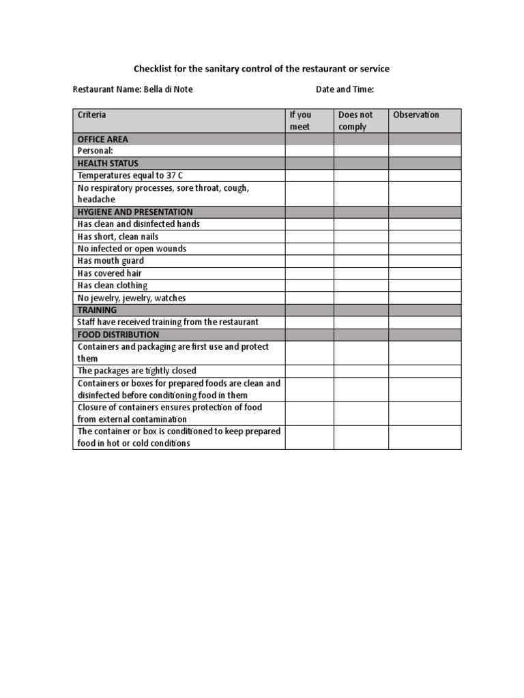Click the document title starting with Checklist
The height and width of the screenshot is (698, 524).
(261, 69)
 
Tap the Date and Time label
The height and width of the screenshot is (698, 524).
(345, 89)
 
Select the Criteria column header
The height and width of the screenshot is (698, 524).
(92, 115)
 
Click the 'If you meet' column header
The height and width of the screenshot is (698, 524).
(300, 121)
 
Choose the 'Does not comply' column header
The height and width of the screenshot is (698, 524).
(355, 121)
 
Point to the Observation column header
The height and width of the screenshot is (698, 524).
(416, 115)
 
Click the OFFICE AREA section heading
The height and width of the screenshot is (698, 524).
(103, 139)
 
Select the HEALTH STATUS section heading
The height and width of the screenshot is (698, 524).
(108, 164)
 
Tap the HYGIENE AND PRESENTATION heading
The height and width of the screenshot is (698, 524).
(135, 212)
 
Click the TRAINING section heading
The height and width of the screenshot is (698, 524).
(98, 309)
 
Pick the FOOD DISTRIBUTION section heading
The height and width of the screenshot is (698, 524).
(118, 335)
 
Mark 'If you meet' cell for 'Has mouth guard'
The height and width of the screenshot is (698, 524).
(309, 261)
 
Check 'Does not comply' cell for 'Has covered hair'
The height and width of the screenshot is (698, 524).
(361, 273)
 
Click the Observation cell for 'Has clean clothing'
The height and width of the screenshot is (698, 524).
(425, 286)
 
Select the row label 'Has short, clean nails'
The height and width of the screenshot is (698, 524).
(118, 237)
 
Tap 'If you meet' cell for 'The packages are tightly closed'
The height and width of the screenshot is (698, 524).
(309, 371)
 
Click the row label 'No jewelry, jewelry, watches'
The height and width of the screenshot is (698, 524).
(132, 298)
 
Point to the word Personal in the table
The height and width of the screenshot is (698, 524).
(95, 151)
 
